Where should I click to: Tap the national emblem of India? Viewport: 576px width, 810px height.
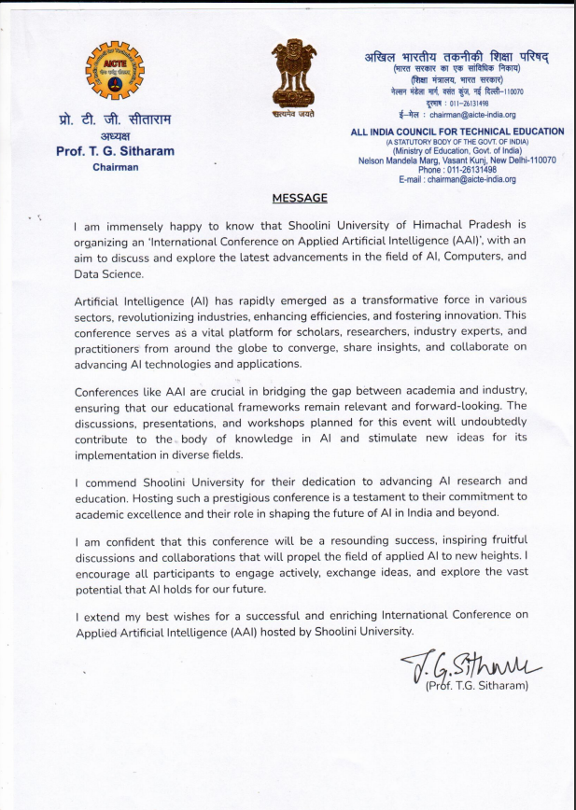[294, 72]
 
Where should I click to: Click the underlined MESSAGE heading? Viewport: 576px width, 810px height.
[300, 198]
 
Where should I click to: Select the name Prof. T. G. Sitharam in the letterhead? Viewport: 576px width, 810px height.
[115, 151]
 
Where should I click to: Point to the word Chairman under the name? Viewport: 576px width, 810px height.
[115, 167]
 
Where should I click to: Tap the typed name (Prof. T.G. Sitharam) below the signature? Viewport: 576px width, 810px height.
[477, 687]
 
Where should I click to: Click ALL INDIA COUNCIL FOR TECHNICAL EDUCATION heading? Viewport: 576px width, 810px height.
[457, 132]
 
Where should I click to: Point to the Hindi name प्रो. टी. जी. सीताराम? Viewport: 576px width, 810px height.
[115, 119]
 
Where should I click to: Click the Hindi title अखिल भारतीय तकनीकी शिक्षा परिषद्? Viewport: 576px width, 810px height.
[457, 56]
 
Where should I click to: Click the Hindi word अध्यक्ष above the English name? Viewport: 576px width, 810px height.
[115, 136]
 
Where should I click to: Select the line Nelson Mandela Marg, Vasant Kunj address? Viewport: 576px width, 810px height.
[457, 161]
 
